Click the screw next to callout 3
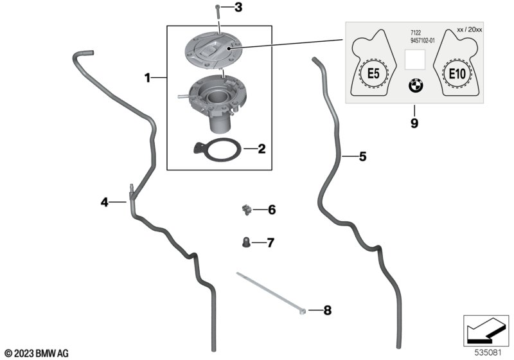[x=218, y=12]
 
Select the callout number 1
[x=148, y=78]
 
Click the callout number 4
[x=104, y=202]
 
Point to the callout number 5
[x=362, y=156]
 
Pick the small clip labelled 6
[x=245, y=210]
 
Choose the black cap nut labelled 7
[x=246, y=242]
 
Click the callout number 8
[x=327, y=310]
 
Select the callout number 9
[x=414, y=123]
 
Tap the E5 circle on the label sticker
[x=373, y=73]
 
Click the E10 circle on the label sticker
[x=457, y=73]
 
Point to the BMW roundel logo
[x=416, y=86]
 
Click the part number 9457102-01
[x=423, y=40]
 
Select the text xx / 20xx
[x=470, y=30]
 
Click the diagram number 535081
[x=488, y=353]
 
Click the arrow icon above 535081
[x=486, y=331]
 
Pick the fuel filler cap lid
[x=213, y=51]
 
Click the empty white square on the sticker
[x=414, y=60]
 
